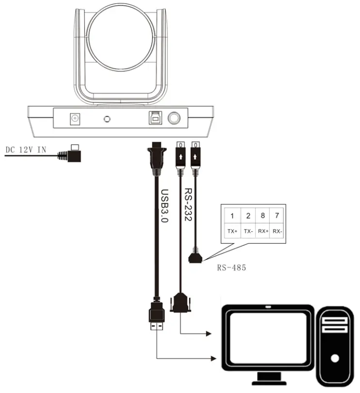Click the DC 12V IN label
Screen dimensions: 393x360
tap(26, 149)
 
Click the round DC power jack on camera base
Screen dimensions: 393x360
tap(75, 118)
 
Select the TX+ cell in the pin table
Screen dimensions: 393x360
tap(232, 231)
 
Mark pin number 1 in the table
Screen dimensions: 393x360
tap(232, 215)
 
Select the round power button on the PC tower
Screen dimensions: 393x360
tap(334, 359)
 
